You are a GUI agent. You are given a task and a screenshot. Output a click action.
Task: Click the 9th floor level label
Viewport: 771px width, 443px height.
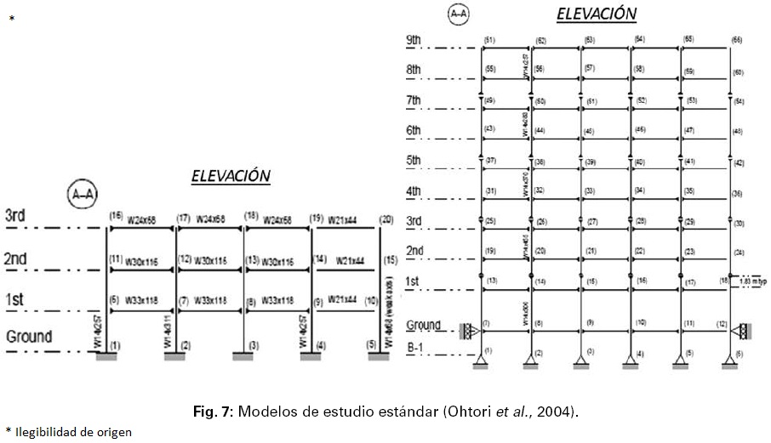click(414, 40)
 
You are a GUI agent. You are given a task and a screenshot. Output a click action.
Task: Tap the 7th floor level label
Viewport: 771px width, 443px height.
click(414, 100)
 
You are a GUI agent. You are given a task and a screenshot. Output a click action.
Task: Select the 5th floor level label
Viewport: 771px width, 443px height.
click(414, 160)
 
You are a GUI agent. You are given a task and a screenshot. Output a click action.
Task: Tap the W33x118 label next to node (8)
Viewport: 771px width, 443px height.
click(277, 300)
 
